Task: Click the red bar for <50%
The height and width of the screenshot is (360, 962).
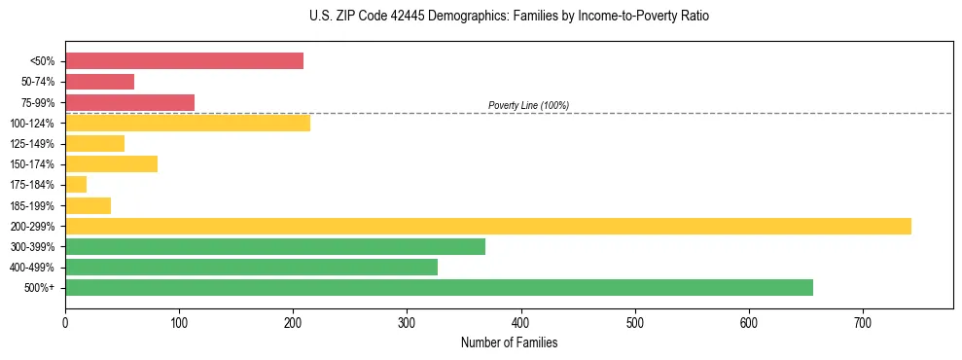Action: pyautogui.click(x=184, y=61)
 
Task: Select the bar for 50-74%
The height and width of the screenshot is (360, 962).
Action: pyautogui.click(x=99, y=82)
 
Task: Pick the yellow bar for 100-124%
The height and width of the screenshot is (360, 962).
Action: pyautogui.click(x=188, y=123)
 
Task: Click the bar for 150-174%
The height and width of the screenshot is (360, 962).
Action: pyautogui.click(x=111, y=163)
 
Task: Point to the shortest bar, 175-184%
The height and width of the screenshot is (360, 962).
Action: pyautogui.click(x=76, y=185)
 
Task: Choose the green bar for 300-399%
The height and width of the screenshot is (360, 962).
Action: pyautogui.click(x=275, y=246)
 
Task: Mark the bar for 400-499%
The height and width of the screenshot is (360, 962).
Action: pyautogui.click(x=251, y=267)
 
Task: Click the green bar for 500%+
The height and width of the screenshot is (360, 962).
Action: pyautogui.click(x=439, y=287)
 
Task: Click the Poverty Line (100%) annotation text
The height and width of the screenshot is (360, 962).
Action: pyautogui.click(x=528, y=105)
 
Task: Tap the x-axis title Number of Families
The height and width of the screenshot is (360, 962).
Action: pyautogui.click(x=509, y=343)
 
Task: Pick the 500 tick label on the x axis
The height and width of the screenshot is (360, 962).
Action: pyautogui.click(x=634, y=322)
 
